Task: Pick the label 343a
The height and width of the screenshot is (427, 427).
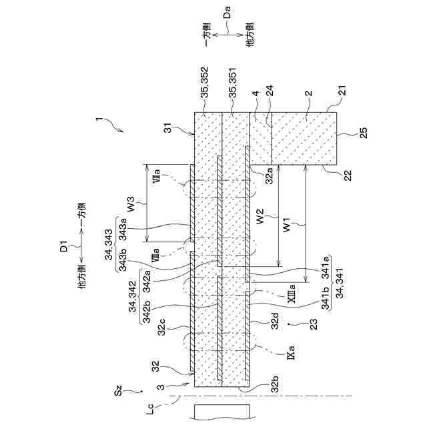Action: [x=125, y=230]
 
